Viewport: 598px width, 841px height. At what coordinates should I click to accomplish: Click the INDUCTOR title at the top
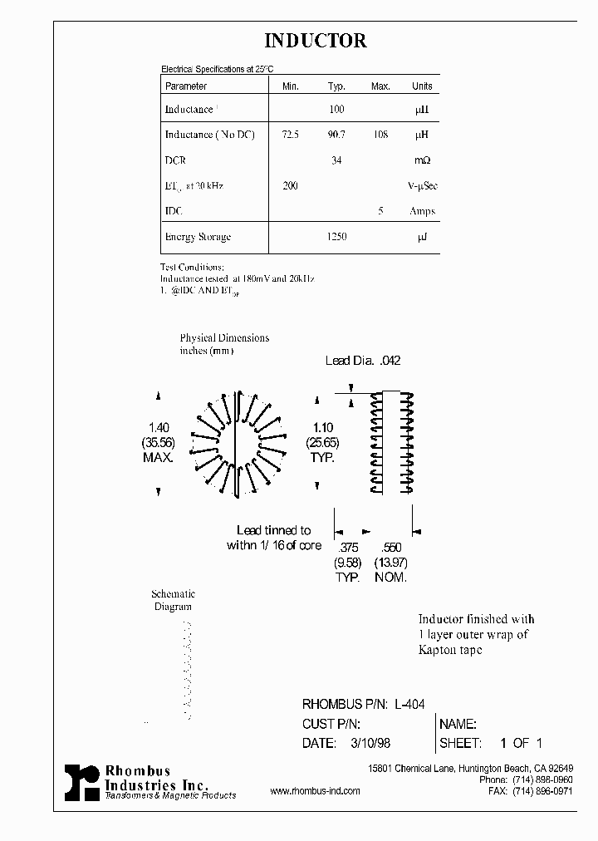point(315,41)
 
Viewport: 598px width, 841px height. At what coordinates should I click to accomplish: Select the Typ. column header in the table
point(336,86)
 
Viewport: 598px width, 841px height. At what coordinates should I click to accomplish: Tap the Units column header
point(422,86)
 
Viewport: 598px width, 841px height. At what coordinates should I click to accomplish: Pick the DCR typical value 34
point(336,160)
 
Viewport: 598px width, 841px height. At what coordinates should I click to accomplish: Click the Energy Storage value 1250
point(336,237)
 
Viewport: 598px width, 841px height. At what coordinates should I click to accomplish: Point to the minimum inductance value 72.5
point(291,135)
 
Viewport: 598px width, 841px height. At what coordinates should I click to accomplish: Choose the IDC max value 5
point(380,211)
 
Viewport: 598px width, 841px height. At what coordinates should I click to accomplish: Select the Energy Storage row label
point(198,237)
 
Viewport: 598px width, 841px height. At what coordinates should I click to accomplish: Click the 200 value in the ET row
point(290,186)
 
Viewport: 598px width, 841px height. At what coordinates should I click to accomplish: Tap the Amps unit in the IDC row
point(422,211)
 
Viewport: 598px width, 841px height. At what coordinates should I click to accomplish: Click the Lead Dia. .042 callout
point(363,361)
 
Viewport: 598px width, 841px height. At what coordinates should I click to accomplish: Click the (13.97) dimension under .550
point(390,563)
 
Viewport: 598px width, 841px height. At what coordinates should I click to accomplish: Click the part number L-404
point(409,704)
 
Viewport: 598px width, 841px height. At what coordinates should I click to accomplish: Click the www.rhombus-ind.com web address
point(315,791)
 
